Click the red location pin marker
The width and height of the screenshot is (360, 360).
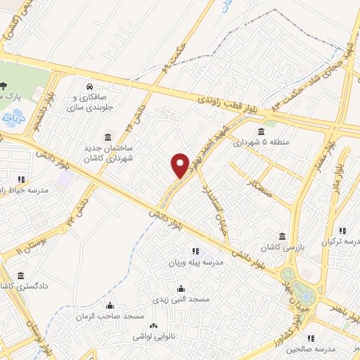click(181, 165)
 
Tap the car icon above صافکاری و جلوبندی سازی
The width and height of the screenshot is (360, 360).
click(90, 86)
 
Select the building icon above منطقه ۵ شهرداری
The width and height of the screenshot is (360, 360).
click(261, 132)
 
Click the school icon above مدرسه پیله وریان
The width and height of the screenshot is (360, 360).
click(195, 251)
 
